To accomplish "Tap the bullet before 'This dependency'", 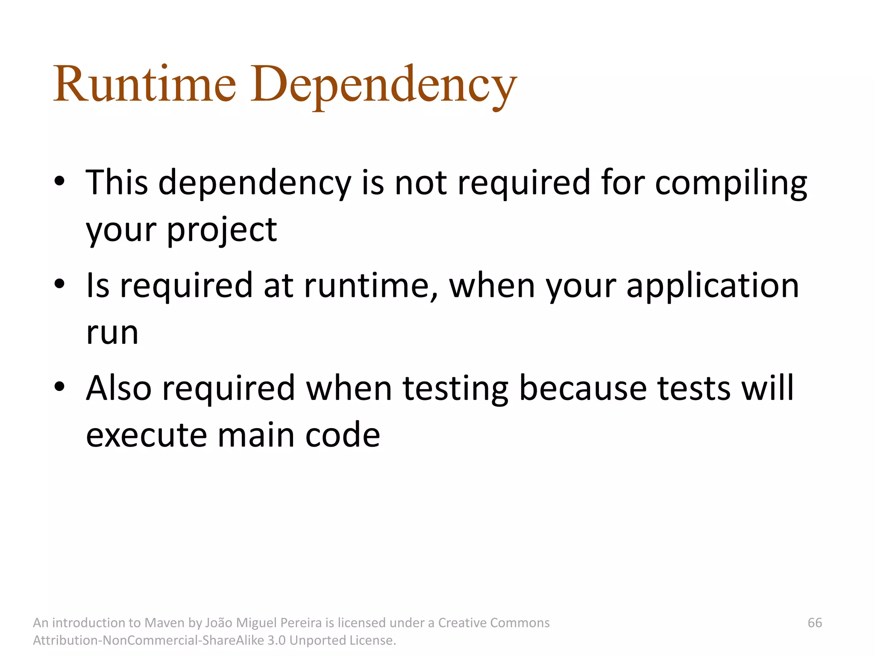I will [59, 181].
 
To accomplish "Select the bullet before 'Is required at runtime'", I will [59, 284].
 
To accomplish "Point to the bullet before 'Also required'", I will [59, 387].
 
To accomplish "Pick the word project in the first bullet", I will [222, 231].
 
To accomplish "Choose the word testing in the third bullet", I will [455, 388].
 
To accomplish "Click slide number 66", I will [815, 623].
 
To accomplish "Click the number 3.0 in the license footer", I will [276, 640].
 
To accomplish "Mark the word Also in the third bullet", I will [119, 388].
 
